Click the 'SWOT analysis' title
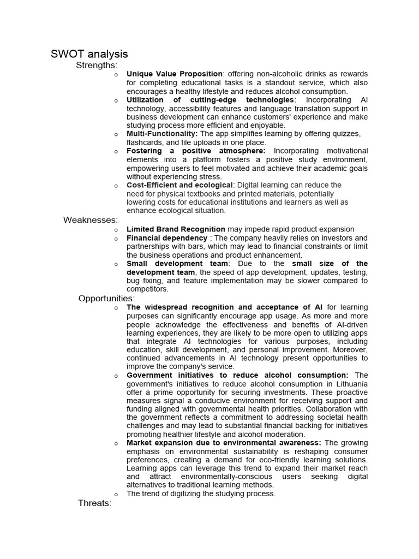point(89,53)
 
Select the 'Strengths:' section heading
point(97,66)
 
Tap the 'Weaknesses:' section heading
point(90,220)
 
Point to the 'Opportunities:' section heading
point(106,298)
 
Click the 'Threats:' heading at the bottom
point(95,503)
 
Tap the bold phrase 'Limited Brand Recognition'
point(176,229)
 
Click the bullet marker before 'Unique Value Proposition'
point(116,74)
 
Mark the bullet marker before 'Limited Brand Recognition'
point(116,230)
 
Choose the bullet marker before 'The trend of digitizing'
point(116,494)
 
